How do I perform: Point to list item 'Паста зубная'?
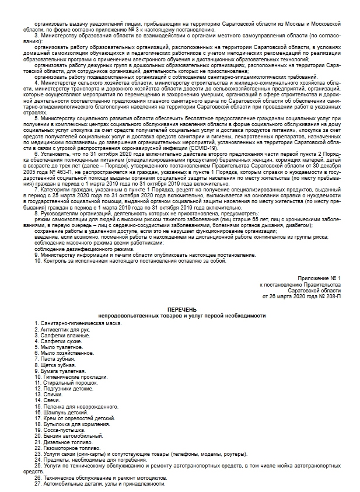pyautogui.click(x=60, y=359)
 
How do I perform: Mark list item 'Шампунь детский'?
pyautogui.click(x=65, y=413)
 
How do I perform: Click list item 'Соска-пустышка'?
pyautogui.click(x=64, y=431)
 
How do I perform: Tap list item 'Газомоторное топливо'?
pyautogui.click(x=71, y=448)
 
